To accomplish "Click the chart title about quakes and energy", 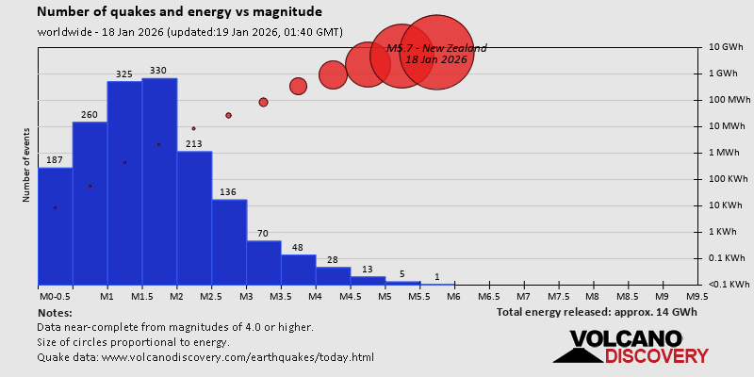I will (x=179, y=12).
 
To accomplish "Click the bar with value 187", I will (x=55, y=226).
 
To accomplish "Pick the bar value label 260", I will (x=90, y=115).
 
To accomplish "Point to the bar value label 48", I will (x=298, y=248).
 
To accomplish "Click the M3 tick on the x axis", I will (x=246, y=296).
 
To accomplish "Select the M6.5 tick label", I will (x=488, y=296).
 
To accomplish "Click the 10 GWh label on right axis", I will (x=727, y=47).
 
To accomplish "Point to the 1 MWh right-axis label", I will (x=725, y=153).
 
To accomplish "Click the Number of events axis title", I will (x=27, y=168).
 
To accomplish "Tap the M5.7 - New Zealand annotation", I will (x=436, y=48).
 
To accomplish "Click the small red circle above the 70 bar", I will (x=263, y=102).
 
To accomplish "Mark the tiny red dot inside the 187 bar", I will (x=55, y=207).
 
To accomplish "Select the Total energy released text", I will (x=597, y=312).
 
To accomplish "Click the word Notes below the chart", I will (x=55, y=312).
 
